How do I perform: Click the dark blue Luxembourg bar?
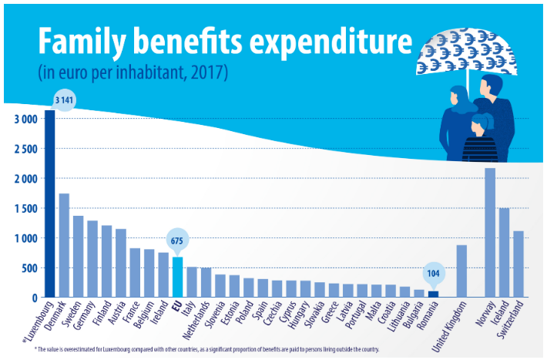coord(49,204)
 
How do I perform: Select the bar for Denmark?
coord(64,245)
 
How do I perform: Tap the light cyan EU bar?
coord(177,277)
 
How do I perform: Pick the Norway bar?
coord(490,232)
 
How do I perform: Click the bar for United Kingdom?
coord(461,271)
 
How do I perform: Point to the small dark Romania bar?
coord(432,294)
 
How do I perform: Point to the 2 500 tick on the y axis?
coord(25,149)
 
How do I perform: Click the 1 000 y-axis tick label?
coord(25,238)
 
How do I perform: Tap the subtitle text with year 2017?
coord(133,73)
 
